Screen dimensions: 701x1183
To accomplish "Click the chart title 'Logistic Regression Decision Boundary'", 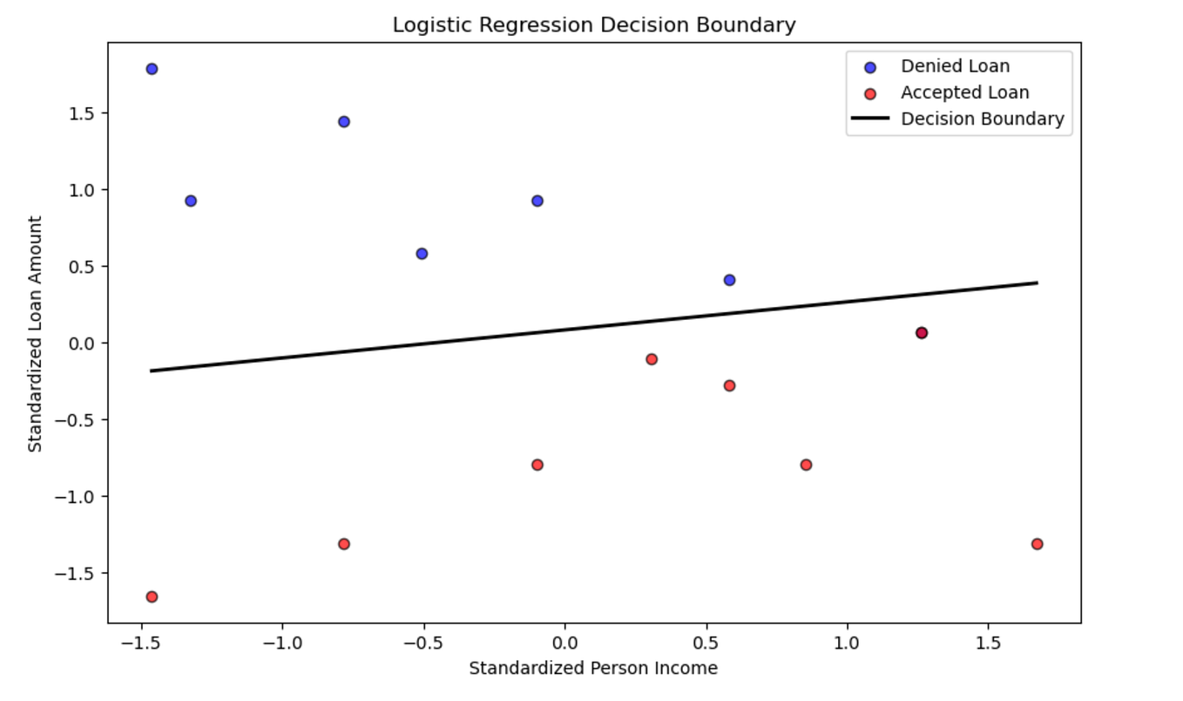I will [593, 24].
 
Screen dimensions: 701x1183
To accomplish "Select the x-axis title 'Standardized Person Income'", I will [593, 669].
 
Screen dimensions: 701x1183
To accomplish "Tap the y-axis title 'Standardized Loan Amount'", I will [35, 335].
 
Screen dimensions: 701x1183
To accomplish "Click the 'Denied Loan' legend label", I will [955, 66].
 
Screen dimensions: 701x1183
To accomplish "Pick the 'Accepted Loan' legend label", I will [964, 92].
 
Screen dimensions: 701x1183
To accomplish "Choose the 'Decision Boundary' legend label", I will [982, 119].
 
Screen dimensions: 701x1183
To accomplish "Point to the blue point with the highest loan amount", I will [152, 69].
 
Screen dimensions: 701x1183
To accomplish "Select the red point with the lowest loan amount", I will [152, 597].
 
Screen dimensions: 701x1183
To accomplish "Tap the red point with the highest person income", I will [1037, 544].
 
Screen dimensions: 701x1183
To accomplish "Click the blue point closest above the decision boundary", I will [729, 280].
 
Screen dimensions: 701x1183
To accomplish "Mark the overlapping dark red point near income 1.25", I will [922, 333].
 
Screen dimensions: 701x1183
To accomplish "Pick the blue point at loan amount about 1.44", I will [344, 122].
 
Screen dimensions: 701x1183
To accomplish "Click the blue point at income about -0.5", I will [422, 254].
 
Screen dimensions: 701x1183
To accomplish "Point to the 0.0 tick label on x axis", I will [564, 643].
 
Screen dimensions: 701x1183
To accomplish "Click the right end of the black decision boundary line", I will [1036, 282].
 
